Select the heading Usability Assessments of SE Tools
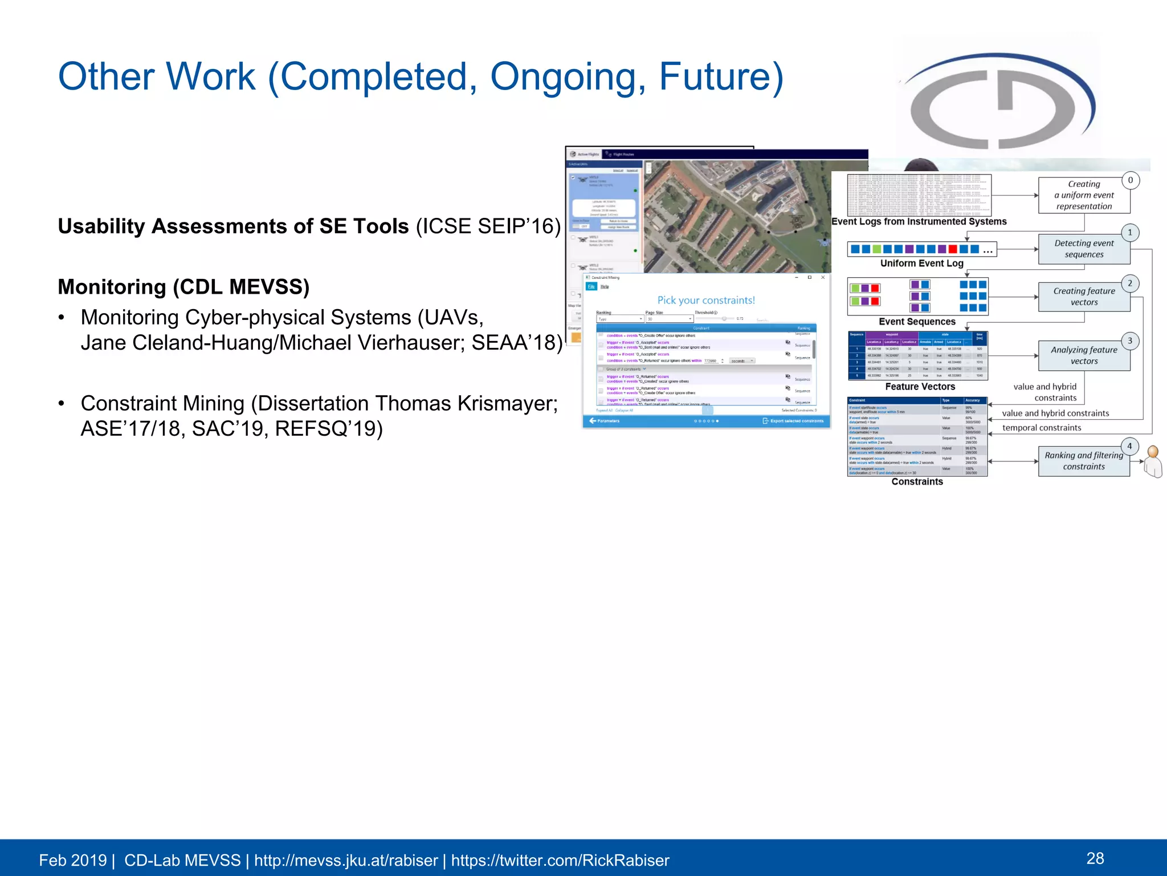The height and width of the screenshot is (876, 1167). point(233,226)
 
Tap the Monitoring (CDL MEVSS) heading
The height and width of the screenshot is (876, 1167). point(183,287)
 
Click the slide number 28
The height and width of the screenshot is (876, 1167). point(1095,858)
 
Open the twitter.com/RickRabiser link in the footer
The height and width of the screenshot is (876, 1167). point(560,860)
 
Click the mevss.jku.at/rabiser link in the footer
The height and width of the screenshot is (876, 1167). point(345,860)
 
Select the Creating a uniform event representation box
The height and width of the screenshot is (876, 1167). point(1083,195)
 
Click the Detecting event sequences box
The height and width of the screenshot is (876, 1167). point(1083,249)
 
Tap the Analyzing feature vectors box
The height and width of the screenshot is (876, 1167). point(1083,355)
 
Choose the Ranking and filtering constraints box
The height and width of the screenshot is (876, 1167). point(1083,461)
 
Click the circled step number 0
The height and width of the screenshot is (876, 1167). point(1131,180)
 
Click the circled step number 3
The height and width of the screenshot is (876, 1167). point(1130,341)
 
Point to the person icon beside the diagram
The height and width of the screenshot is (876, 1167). point(1153,461)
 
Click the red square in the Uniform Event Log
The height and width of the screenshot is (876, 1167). point(953,249)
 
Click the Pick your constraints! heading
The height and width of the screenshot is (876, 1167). point(705,301)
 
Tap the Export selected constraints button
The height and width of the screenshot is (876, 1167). point(793,421)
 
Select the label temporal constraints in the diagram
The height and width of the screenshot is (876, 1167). point(1041,428)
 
